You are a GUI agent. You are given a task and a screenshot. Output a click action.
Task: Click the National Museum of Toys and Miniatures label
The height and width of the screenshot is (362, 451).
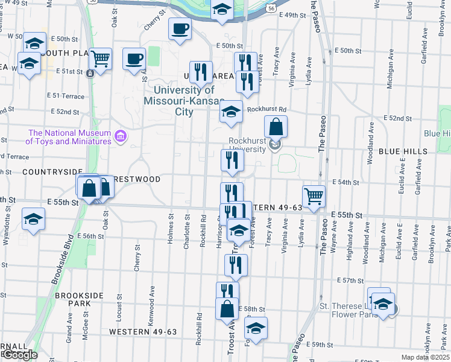click(69, 137)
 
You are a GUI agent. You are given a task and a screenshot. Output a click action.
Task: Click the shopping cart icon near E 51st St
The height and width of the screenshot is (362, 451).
click(101, 59)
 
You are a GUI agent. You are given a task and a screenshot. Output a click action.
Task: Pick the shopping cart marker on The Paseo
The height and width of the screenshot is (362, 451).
click(314, 196)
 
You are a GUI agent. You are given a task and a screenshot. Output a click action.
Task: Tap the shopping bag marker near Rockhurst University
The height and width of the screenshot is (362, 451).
click(276, 127)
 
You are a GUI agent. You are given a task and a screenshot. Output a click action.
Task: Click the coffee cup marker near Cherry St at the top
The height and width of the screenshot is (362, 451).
click(179, 28)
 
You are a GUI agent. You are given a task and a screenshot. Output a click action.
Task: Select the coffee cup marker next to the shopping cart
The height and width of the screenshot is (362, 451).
click(134, 59)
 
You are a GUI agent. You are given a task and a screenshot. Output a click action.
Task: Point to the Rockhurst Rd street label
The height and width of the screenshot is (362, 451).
click(266, 109)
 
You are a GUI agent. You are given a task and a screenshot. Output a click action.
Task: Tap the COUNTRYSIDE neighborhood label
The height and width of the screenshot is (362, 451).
click(43, 172)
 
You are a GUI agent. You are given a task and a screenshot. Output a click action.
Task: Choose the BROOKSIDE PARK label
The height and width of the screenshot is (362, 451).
click(80, 299)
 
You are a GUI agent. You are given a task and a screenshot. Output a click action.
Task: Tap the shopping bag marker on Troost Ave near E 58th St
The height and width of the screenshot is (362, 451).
click(227, 309)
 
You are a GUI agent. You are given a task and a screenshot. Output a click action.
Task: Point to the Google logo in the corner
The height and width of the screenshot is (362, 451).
click(19, 355)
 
